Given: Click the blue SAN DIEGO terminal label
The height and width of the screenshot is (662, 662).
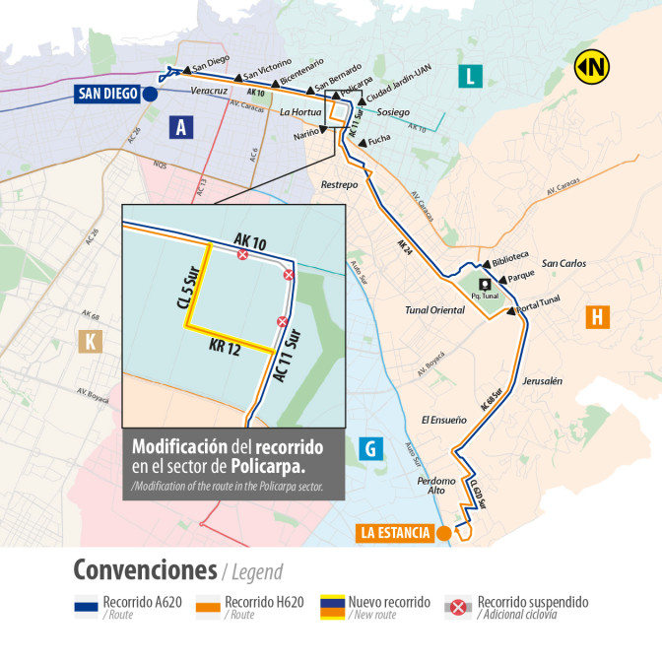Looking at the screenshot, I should pyautogui.click(x=106, y=95).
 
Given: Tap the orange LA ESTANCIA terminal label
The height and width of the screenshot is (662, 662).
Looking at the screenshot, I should pyautogui.click(x=394, y=533).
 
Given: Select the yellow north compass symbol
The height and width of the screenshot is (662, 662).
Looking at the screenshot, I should pyautogui.click(x=592, y=67).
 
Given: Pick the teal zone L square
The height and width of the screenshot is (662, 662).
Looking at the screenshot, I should pyautogui.click(x=471, y=75).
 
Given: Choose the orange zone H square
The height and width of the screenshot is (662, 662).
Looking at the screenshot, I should pyautogui.click(x=597, y=316).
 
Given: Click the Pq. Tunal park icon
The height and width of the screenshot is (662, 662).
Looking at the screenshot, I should pyautogui.click(x=484, y=284).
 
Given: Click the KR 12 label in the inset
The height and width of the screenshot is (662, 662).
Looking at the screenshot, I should pyautogui.click(x=225, y=345).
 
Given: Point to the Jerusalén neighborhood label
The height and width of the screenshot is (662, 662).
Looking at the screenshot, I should pyautogui.click(x=542, y=380).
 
